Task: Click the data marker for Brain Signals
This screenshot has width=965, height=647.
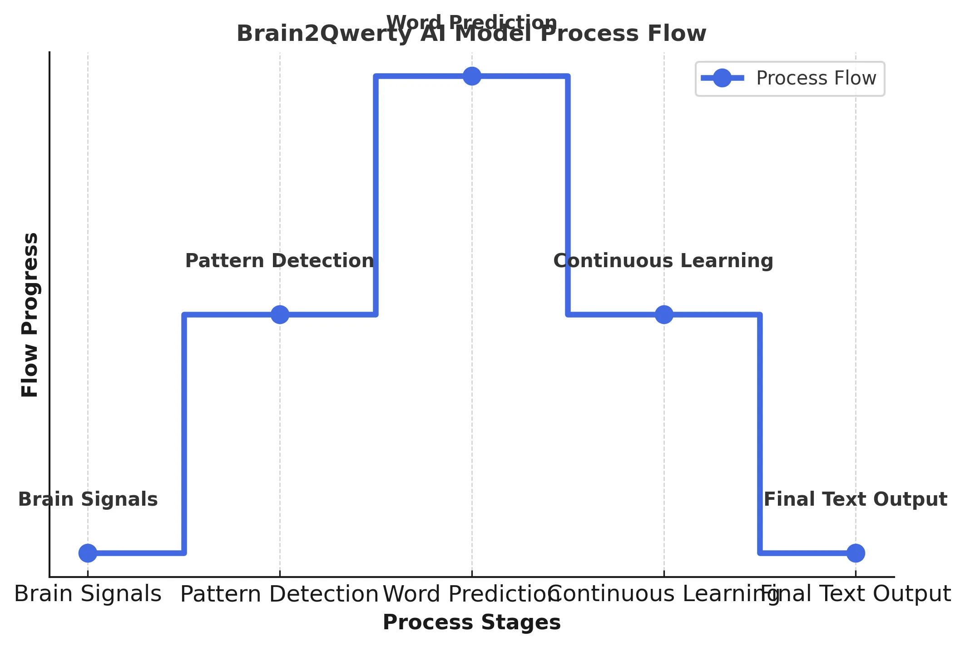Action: point(88,553)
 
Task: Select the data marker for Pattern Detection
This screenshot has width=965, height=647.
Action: point(280,314)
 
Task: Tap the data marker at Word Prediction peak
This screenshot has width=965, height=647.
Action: point(472,76)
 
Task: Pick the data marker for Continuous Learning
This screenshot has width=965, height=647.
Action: point(664,314)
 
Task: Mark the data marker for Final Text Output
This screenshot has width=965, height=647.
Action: point(856,553)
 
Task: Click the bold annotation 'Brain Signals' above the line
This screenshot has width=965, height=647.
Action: point(88,499)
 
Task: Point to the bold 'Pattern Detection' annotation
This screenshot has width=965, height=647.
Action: point(280,261)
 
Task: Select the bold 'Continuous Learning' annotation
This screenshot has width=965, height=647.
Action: point(663,261)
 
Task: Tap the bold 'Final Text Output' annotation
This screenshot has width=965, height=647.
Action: point(856,499)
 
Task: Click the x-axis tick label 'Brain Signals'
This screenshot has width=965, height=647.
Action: point(88,594)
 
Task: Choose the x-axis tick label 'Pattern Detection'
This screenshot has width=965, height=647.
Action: point(279,594)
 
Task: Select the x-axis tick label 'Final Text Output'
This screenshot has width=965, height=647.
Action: point(856,594)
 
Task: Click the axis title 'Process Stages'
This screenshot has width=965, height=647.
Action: point(471,622)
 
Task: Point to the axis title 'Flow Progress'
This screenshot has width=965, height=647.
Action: point(30,314)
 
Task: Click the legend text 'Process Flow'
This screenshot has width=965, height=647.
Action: point(816,78)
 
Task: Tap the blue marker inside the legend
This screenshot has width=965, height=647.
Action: point(722,78)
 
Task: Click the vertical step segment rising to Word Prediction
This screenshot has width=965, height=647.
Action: point(376,195)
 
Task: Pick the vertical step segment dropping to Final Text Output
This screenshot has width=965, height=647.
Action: point(760,434)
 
